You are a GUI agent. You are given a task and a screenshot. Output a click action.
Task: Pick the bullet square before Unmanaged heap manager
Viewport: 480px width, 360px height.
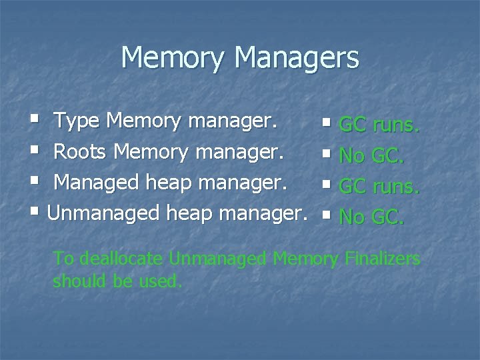pyautogui.click(x=35, y=213)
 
